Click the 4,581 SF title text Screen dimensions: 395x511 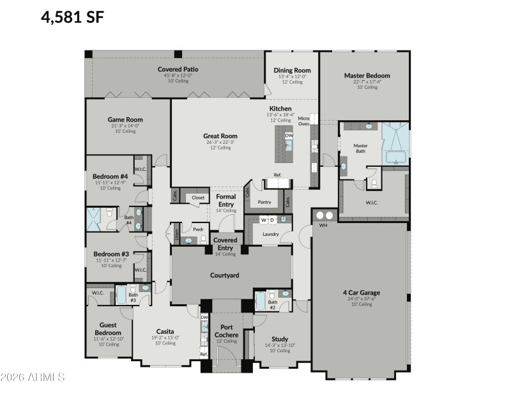tap(72, 17)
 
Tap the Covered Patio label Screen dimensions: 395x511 tap(175, 69)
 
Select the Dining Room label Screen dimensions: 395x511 tap(292, 70)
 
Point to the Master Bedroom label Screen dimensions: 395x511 tap(367, 75)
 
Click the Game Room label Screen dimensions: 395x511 tap(125, 120)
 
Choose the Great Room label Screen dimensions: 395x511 tap(220, 136)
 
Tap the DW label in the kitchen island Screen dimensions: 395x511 tap(289, 136)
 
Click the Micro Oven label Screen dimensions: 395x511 tap(303, 121)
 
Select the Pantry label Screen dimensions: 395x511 tap(264, 203)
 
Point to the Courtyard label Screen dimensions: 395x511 tap(224, 275)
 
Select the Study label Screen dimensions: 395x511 tap(279, 339)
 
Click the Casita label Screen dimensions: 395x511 tap(165, 331)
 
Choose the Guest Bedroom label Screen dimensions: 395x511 tap(108, 329)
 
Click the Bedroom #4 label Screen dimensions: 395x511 tap(111, 176)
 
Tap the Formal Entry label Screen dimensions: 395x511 tap(226, 200)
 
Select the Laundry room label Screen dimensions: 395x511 tap(270, 234)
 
